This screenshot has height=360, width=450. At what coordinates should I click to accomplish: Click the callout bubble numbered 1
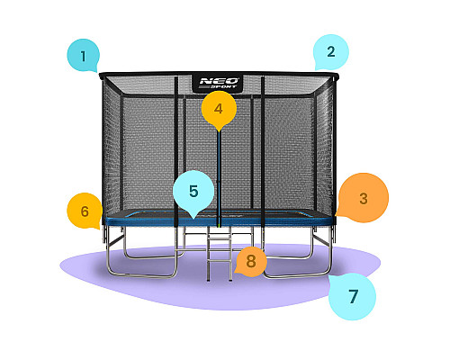coord(83,56)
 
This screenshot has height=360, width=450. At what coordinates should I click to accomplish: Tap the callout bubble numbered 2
coord(331,51)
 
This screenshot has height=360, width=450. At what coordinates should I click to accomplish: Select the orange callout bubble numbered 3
coord(364,198)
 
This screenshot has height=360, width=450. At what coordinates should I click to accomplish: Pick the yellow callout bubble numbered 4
coord(219,109)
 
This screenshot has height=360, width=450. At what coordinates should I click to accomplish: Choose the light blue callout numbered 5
coord(193,191)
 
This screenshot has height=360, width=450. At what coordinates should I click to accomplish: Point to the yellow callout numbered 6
coord(85,211)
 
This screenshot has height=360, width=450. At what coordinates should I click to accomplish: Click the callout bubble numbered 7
coord(353,296)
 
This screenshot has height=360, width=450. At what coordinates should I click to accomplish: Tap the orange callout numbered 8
coord(251,261)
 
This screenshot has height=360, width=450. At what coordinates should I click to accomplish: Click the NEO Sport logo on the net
coord(219,83)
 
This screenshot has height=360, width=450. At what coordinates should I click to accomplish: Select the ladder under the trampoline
coord(220,254)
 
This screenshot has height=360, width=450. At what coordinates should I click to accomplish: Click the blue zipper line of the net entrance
coord(219,178)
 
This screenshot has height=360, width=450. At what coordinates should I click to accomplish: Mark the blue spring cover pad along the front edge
coord(220,221)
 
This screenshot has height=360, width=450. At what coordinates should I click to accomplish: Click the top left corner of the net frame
coord(100,74)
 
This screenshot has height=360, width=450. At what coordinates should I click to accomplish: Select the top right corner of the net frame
coord(337,75)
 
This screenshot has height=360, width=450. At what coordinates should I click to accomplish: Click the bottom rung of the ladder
coord(220,261)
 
